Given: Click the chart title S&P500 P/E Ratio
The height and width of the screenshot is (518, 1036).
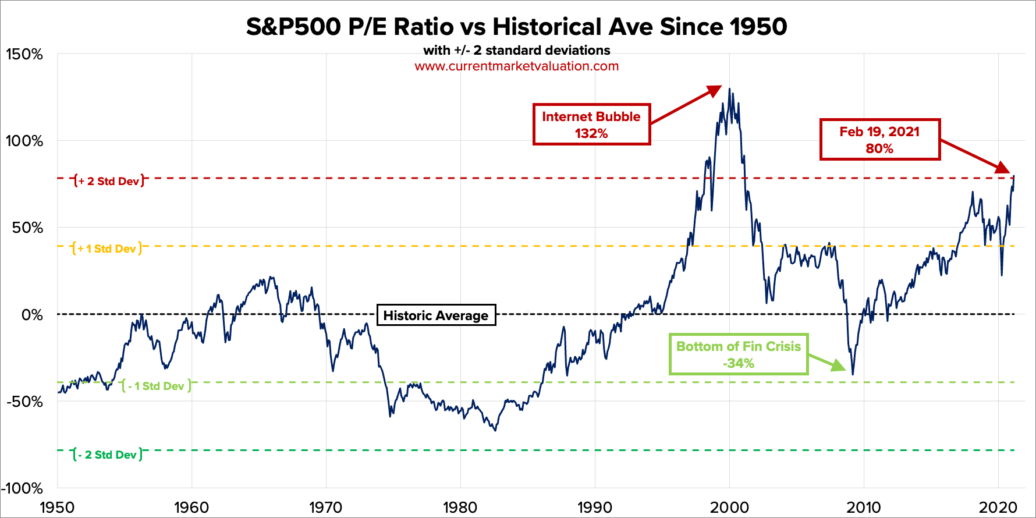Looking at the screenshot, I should tap(516, 27).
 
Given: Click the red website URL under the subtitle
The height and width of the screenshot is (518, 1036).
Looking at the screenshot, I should tap(516, 66).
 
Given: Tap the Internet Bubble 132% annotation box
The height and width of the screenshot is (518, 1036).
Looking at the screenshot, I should tap(591, 125).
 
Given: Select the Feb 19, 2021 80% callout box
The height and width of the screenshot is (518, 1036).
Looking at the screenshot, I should tap(879, 140).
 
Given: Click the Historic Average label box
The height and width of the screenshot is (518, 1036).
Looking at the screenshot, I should tap(436, 315).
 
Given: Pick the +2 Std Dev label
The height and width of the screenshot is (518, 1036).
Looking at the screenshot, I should tap(109, 181).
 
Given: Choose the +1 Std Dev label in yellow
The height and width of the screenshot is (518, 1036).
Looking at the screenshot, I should tap(107, 249).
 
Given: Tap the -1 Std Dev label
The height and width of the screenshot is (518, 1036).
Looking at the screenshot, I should tap(156, 386).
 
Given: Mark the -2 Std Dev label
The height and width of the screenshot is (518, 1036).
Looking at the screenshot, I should tap(107, 455).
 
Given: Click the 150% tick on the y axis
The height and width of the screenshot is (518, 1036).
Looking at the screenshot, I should tap(24, 55).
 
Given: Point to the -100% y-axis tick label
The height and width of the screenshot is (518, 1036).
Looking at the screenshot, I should tap(22, 488).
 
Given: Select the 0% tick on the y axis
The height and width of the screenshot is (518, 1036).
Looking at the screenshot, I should tap(31, 315).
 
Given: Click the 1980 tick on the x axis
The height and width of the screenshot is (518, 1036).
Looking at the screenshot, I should tap(460, 508).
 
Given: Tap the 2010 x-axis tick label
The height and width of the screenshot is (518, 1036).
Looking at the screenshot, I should tap(864, 508).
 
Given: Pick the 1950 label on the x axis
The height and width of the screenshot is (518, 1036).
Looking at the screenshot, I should tap(57, 508).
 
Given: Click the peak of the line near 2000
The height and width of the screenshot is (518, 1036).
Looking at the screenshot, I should tap(730, 90).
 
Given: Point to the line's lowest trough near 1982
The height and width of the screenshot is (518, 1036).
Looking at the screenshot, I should tap(495, 430).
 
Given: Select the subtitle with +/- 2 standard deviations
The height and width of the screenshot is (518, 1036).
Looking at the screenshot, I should tap(516, 51).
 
